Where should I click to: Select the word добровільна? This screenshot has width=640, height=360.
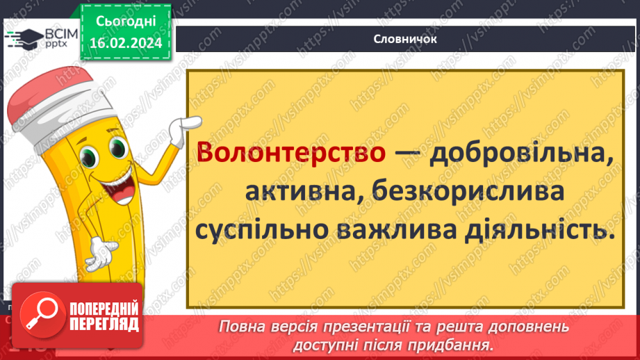tap(522, 153)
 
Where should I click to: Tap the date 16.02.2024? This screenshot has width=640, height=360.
tap(126, 42)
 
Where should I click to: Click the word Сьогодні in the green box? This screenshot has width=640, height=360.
tap(126, 22)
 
